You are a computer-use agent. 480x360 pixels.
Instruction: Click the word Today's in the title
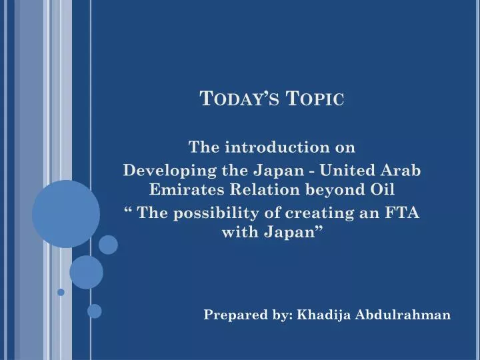238,99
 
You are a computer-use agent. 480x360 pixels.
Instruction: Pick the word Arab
402,170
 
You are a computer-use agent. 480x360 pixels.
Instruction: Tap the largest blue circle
66,213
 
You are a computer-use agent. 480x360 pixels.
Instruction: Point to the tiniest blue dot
61,292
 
